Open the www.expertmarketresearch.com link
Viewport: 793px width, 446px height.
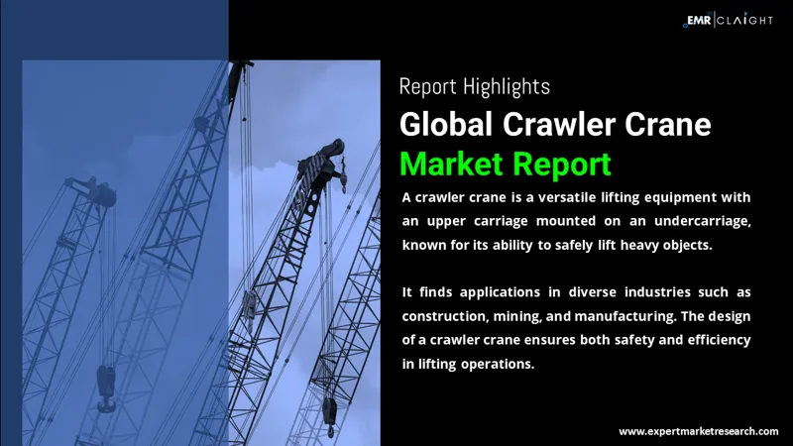pyautogui.click(x=698, y=432)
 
